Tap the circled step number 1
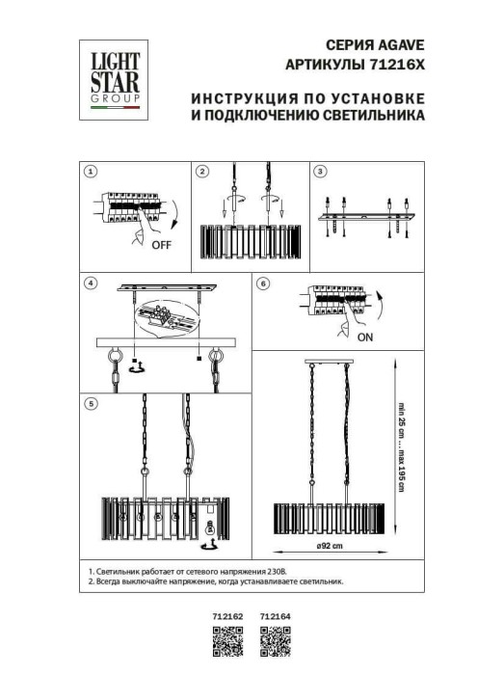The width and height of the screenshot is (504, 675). point(91,172)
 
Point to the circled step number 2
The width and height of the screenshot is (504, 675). point(202,172)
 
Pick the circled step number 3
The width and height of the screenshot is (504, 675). point(321,172)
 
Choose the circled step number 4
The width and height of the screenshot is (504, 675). point(91,283)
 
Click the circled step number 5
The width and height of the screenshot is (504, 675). point(91,404)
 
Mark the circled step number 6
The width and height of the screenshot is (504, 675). point(263,283)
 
